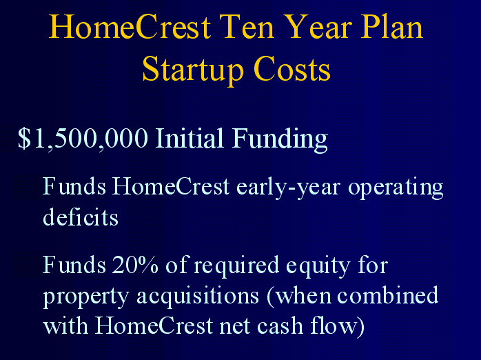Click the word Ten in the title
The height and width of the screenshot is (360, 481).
tap(249, 27)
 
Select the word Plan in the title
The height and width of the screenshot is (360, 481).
tap(392, 27)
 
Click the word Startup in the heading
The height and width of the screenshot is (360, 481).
tap(193, 70)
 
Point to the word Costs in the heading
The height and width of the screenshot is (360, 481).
tap(292, 69)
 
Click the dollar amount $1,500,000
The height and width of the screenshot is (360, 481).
tap(83, 139)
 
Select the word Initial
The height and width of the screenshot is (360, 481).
tap(190, 138)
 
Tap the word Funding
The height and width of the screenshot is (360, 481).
tap(280, 140)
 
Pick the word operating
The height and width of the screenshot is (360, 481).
tap(396, 188)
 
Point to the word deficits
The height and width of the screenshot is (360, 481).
tap(81, 217)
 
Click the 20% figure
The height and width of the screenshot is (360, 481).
tap(135, 265)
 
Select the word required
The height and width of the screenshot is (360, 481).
tap(236, 266)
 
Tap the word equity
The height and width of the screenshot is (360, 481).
tap(318, 266)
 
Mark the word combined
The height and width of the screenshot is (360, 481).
tap(388, 294)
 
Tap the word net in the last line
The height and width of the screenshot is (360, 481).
tap(235, 326)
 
